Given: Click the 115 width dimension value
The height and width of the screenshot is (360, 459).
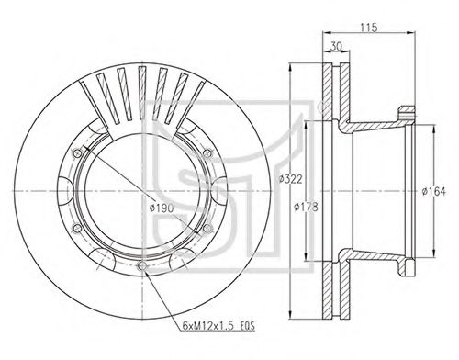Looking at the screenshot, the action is point(368,28).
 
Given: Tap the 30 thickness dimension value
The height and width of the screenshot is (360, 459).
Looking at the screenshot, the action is point(336,47).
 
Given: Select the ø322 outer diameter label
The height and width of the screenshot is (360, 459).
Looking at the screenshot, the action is point(291,179).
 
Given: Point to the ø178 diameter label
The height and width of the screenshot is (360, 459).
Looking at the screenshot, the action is point(306,207).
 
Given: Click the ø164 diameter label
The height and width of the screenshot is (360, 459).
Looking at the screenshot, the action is point(433,192).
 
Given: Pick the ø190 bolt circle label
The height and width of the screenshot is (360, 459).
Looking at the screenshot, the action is point(162,208).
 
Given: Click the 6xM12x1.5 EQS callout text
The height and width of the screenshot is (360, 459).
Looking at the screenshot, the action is point(218,326).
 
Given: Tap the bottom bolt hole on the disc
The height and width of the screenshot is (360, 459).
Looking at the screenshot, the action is point(141,265).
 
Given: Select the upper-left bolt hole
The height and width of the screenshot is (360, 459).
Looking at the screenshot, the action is point(77,153).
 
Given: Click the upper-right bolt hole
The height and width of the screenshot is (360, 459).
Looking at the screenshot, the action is point(207,153).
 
